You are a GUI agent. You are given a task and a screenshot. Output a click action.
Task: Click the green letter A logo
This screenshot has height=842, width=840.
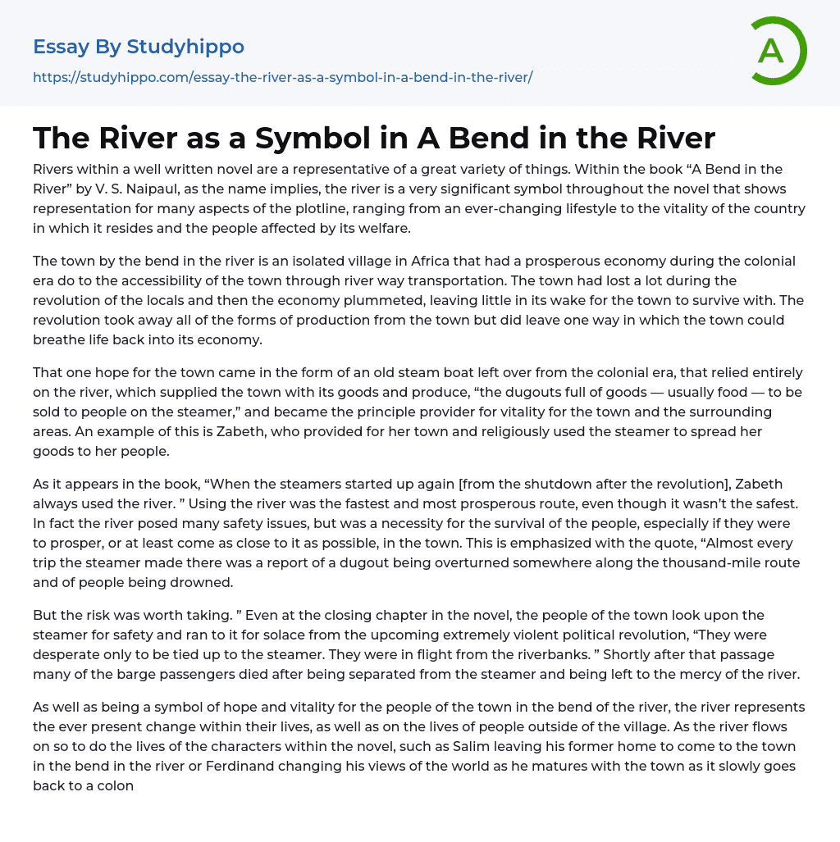click(x=778, y=51)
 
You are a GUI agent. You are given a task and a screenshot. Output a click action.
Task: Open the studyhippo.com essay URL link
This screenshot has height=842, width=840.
click(x=282, y=77)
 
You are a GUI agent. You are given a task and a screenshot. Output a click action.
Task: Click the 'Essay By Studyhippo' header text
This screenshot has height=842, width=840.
click(x=139, y=47)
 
